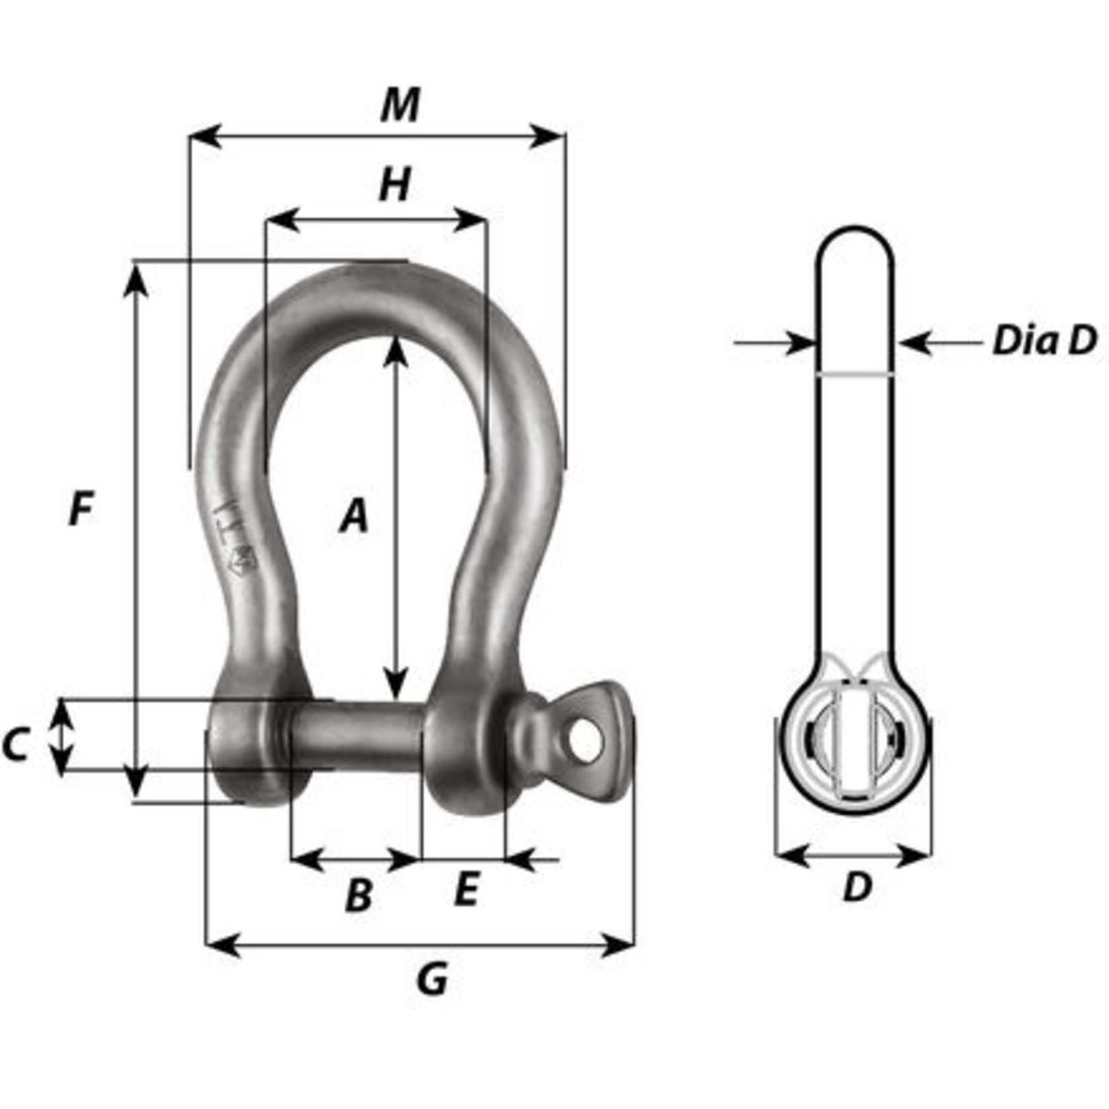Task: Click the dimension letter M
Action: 400,106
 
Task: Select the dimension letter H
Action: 395,186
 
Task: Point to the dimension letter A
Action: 354,516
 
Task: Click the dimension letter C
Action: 15,744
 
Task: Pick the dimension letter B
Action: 358,896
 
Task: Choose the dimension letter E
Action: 466,890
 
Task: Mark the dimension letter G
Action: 432,979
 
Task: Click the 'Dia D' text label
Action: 1045,341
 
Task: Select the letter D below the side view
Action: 857,887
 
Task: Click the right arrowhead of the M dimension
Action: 548,136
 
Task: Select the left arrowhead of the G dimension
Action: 222,945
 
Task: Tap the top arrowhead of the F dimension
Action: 136,279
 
